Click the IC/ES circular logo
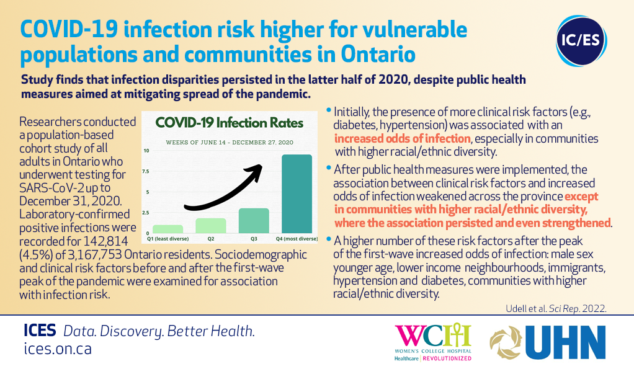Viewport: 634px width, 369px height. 581,40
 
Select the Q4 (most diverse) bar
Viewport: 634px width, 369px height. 297,193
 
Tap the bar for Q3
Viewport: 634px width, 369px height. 254,221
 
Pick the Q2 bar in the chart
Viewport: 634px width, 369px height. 211,226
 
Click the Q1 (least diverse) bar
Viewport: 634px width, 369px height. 167,229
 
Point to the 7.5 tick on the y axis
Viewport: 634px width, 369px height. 146,171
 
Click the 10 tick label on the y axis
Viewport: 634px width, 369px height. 146,151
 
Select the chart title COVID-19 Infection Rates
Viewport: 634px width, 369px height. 230,122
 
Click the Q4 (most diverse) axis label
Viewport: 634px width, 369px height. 297,239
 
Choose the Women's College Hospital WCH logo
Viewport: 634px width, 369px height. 433,342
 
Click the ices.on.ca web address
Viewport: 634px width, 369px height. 58,349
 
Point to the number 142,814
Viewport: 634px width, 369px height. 105,241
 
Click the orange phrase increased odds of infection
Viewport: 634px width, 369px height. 403,139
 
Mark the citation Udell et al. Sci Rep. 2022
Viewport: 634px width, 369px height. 556,309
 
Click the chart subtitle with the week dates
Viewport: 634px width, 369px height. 230,142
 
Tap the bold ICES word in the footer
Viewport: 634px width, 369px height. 40,331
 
